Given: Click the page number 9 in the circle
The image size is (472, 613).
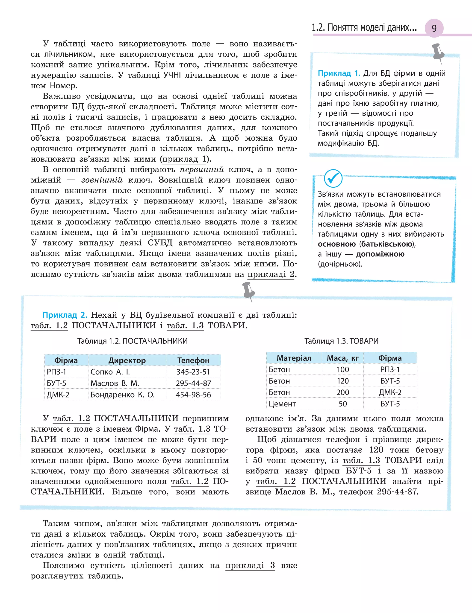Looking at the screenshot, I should pyautogui.click(x=434, y=28).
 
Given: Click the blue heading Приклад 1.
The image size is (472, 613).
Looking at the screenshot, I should pyautogui.click(x=339, y=73).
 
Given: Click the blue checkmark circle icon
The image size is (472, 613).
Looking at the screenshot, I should pyautogui.click(x=333, y=178).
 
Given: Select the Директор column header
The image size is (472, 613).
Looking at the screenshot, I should pyautogui.click(x=127, y=360).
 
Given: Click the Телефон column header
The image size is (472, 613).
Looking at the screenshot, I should pyautogui.click(x=193, y=360).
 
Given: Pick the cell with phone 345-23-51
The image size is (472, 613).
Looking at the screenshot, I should pyautogui.click(x=193, y=372).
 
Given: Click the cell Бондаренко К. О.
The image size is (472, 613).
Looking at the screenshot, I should pyautogui.click(x=123, y=395).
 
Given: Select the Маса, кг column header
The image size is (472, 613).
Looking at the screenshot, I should pyautogui.click(x=342, y=358).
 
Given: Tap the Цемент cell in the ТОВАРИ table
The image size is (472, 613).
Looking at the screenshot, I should pyautogui.click(x=282, y=404).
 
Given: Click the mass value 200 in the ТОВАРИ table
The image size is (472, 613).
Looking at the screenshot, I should pyautogui.click(x=342, y=392).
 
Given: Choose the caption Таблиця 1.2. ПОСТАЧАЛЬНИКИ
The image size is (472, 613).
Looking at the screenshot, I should pyautogui.click(x=132, y=341).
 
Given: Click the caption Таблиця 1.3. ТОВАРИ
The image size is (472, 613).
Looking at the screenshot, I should pyautogui.click(x=341, y=341).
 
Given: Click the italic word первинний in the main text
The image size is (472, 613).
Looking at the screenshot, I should pyautogui.click(x=202, y=169).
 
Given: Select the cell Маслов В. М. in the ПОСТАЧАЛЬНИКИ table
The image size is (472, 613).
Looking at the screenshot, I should pyautogui.click(x=115, y=383).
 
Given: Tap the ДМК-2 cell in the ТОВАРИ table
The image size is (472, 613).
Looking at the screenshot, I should pyautogui.click(x=390, y=392).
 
